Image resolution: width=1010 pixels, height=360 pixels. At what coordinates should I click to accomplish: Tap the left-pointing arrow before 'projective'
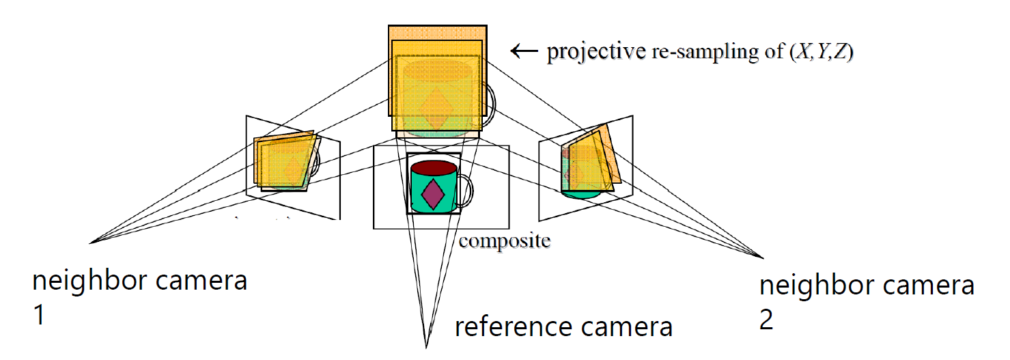coord(524,51)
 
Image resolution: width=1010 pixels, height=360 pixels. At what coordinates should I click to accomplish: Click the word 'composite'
coord(504,240)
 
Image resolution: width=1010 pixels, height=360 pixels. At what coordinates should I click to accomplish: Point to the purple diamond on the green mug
coord(434,193)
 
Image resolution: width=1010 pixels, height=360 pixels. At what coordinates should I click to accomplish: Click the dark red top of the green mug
coord(434,168)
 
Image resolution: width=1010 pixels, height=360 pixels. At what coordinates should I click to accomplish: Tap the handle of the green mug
coord(464,191)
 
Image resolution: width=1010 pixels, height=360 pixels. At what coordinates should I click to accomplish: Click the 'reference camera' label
coord(563,327)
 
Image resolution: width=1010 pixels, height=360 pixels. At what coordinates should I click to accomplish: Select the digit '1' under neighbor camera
coord(39,316)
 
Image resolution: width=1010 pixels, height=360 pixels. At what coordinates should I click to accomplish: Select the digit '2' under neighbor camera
coord(767,320)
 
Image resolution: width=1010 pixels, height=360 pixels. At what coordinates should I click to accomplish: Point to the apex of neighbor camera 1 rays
coord(91,243)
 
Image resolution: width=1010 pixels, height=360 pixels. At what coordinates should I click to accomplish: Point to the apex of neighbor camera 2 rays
coord(762,257)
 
